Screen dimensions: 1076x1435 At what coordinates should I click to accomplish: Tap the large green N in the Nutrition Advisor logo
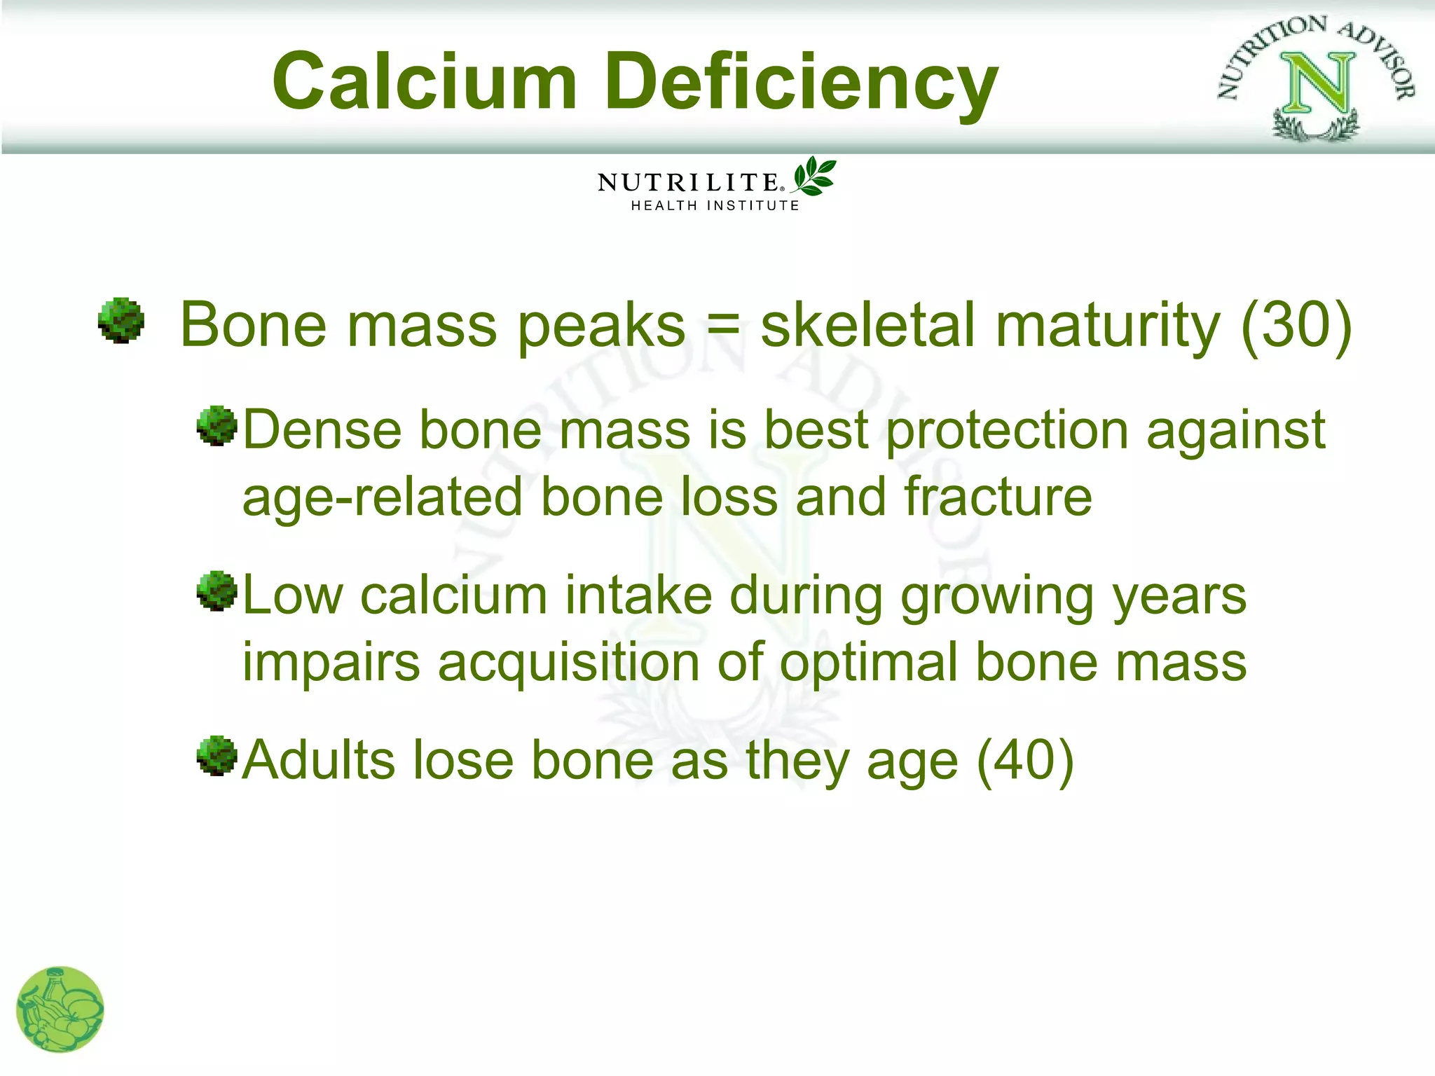coord(1317,84)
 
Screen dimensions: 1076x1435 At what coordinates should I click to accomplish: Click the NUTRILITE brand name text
coord(689,183)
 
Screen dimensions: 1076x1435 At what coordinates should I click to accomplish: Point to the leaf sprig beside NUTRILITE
coord(813,176)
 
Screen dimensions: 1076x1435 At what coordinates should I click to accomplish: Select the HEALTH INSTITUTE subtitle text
coord(715,206)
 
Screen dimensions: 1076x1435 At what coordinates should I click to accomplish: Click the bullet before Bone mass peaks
coord(121,321)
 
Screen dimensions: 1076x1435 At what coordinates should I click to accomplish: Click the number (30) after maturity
coord(1296,325)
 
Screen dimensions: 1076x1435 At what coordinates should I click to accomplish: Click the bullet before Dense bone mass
coord(217,425)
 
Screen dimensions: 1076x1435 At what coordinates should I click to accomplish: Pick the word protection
coord(1007,430)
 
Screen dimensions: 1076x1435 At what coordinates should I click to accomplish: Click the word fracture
coord(998,497)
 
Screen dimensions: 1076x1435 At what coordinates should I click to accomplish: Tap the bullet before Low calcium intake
coord(217,591)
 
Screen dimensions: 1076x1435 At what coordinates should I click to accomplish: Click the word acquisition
coord(569,662)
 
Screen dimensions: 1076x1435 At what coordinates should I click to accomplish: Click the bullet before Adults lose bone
coord(217,756)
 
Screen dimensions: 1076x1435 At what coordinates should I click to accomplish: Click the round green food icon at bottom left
coord(60,1009)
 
